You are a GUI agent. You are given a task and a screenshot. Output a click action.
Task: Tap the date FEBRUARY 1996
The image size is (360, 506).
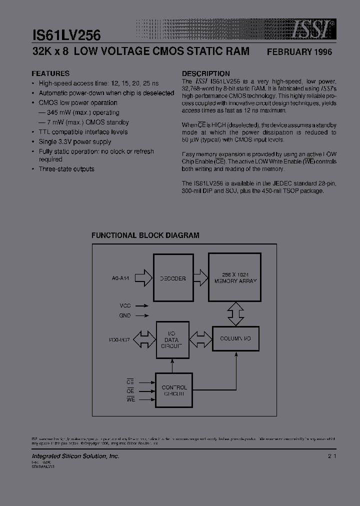pyautogui.click(x=299, y=52)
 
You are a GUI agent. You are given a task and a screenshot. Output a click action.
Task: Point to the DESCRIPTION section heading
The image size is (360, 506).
pyautogui.click(x=205, y=73)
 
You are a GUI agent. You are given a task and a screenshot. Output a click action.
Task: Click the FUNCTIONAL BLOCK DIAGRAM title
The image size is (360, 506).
pyautogui.click(x=145, y=235)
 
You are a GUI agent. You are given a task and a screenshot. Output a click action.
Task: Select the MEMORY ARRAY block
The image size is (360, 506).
pyautogui.click(x=234, y=278)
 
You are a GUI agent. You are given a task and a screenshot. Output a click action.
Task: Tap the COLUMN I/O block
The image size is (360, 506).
pyautogui.click(x=235, y=338)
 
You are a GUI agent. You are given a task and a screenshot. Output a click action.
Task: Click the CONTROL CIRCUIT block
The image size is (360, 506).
pyautogui.click(x=175, y=390)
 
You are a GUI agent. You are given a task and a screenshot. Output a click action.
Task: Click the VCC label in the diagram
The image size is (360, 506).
pyautogui.click(x=125, y=305)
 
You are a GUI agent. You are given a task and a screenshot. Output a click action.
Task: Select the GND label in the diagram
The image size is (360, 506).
pyautogui.click(x=125, y=315)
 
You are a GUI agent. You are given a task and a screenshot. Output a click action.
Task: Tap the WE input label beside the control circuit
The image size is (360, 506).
pyautogui.click(x=130, y=400)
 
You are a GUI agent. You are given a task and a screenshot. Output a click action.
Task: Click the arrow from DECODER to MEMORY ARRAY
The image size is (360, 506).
pyautogui.click(x=200, y=278)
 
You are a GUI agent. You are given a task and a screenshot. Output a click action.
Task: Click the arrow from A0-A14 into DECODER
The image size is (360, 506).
pyautogui.click(x=143, y=278)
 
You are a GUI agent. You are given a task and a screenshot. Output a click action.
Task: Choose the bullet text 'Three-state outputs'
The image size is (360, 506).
pyautogui.click(x=66, y=169)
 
